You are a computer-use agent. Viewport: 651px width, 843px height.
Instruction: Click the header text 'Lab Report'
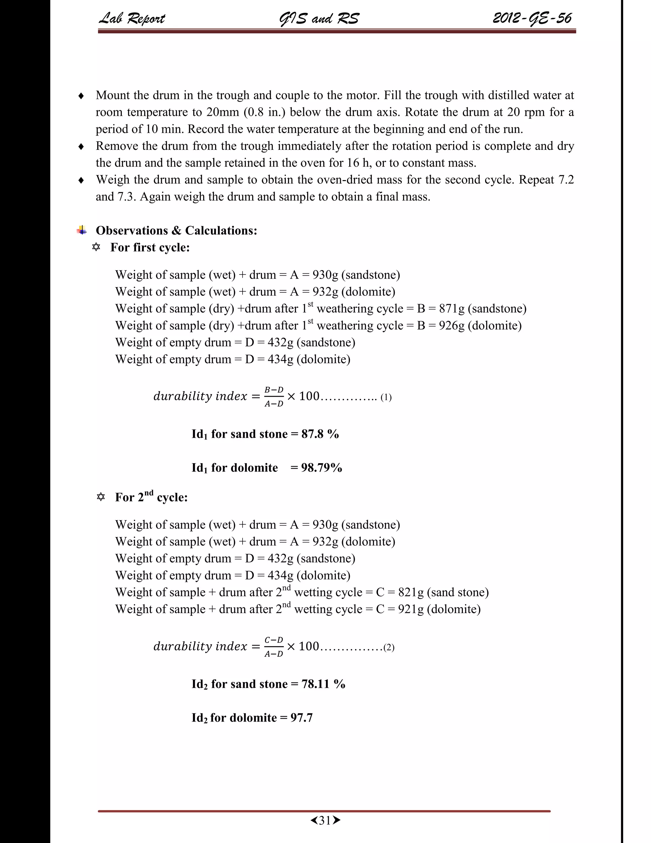click(132, 18)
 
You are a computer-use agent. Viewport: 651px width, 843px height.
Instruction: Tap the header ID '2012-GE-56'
click(532, 18)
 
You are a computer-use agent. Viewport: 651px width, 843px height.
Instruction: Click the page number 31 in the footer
click(325, 820)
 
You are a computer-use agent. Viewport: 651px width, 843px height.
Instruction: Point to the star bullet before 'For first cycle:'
click(96, 247)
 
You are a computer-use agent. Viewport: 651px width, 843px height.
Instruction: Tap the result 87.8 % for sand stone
click(320, 434)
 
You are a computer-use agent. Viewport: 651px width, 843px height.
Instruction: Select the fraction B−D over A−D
click(274, 396)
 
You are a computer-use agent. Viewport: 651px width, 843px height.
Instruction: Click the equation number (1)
click(386, 397)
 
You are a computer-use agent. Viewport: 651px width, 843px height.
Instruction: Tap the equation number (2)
click(389, 647)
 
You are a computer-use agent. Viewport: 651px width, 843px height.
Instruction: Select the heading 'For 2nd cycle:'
click(151, 497)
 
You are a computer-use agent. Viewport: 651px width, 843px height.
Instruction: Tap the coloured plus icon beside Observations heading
click(82, 230)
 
